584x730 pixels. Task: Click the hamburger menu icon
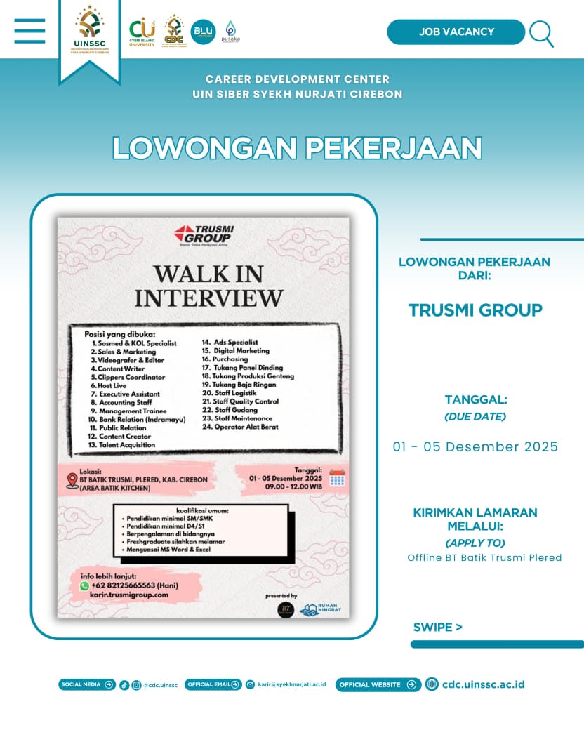(29, 31)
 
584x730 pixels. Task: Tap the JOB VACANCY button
(456, 32)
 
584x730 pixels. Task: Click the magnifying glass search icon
(541, 33)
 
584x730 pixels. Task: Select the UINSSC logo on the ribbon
(89, 32)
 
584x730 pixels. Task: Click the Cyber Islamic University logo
(142, 32)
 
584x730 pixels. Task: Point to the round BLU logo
(203, 32)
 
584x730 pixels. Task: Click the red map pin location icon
(72, 480)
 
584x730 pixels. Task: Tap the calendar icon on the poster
(337, 479)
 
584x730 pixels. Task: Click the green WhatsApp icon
(84, 585)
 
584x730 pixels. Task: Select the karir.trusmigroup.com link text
(129, 595)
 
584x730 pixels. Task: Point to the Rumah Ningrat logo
(320, 609)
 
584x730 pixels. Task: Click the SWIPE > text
(437, 627)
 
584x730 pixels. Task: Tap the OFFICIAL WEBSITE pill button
(378, 684)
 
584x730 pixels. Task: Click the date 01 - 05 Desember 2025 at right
(475, 447)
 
